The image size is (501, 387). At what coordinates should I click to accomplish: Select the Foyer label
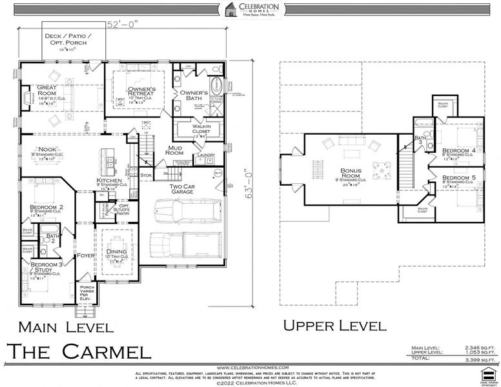click(x=86, y=255)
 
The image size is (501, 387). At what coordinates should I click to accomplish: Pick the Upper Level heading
click(x=336, y=326)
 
